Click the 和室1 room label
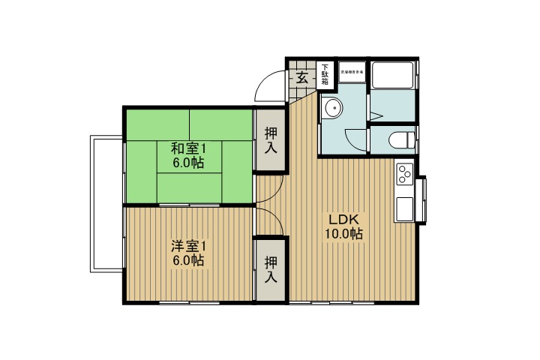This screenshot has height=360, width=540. pos(187,148)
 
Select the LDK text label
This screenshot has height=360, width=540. pos(344,220)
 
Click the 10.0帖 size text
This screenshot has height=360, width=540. pos(344,234)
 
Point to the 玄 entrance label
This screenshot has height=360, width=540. pos(301,76)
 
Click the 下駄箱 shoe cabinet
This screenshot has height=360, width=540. pos(325,75)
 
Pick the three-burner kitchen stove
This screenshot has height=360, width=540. pos(405,174)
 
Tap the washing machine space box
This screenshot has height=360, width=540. pos(352,73)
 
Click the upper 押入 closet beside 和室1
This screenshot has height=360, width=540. pos(271,139)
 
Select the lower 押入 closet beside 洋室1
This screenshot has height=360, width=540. pos(271,268)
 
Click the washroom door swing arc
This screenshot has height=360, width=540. pos(355,139)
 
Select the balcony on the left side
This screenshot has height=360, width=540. pos(106,204)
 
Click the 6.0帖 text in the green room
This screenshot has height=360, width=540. pos(187,163)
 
